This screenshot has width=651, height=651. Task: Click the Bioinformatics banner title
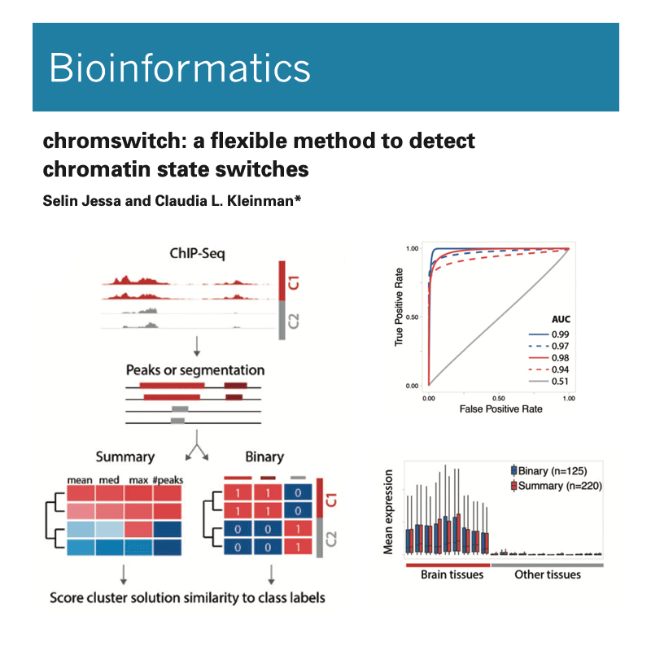[x=180, y=68]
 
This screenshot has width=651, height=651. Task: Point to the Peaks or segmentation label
[x=194, y=369]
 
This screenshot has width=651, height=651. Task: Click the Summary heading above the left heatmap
[x=125, y=457]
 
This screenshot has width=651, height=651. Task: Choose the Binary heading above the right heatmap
[x=264, y=457]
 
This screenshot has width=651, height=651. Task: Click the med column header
[x=109, y=479]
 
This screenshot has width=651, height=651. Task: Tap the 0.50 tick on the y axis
[x=412, y=317]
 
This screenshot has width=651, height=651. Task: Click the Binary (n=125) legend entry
[x=549, y=471]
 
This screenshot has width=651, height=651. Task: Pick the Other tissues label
[x=547, y=575]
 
